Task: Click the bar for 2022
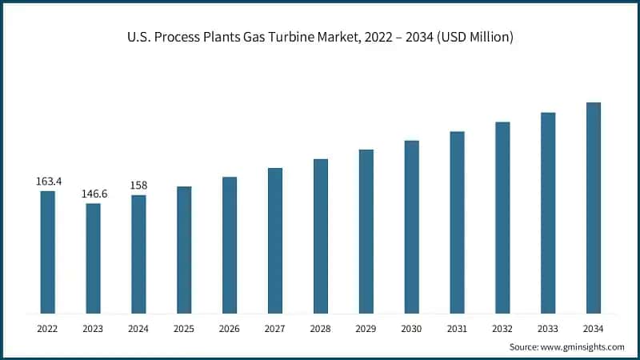click(48, 252)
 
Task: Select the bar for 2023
click(94, 258)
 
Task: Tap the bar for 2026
click(230, 245)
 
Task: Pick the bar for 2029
click(366, 231)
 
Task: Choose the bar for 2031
click(457, 222)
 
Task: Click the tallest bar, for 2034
click(594, 208)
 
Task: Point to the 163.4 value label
click(48, 182)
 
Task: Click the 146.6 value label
click(94, 194)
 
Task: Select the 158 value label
click(138, 186)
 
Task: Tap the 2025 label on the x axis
click(184, 329)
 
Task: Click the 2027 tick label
click(275, 329)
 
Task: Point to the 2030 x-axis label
click(411, 329)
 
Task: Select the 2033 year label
click(548, 329)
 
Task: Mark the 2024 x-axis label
click(138, 329)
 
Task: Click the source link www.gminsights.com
click(582, 346)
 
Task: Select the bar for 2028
click(321, 236)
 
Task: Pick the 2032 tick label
click(502, 329)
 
